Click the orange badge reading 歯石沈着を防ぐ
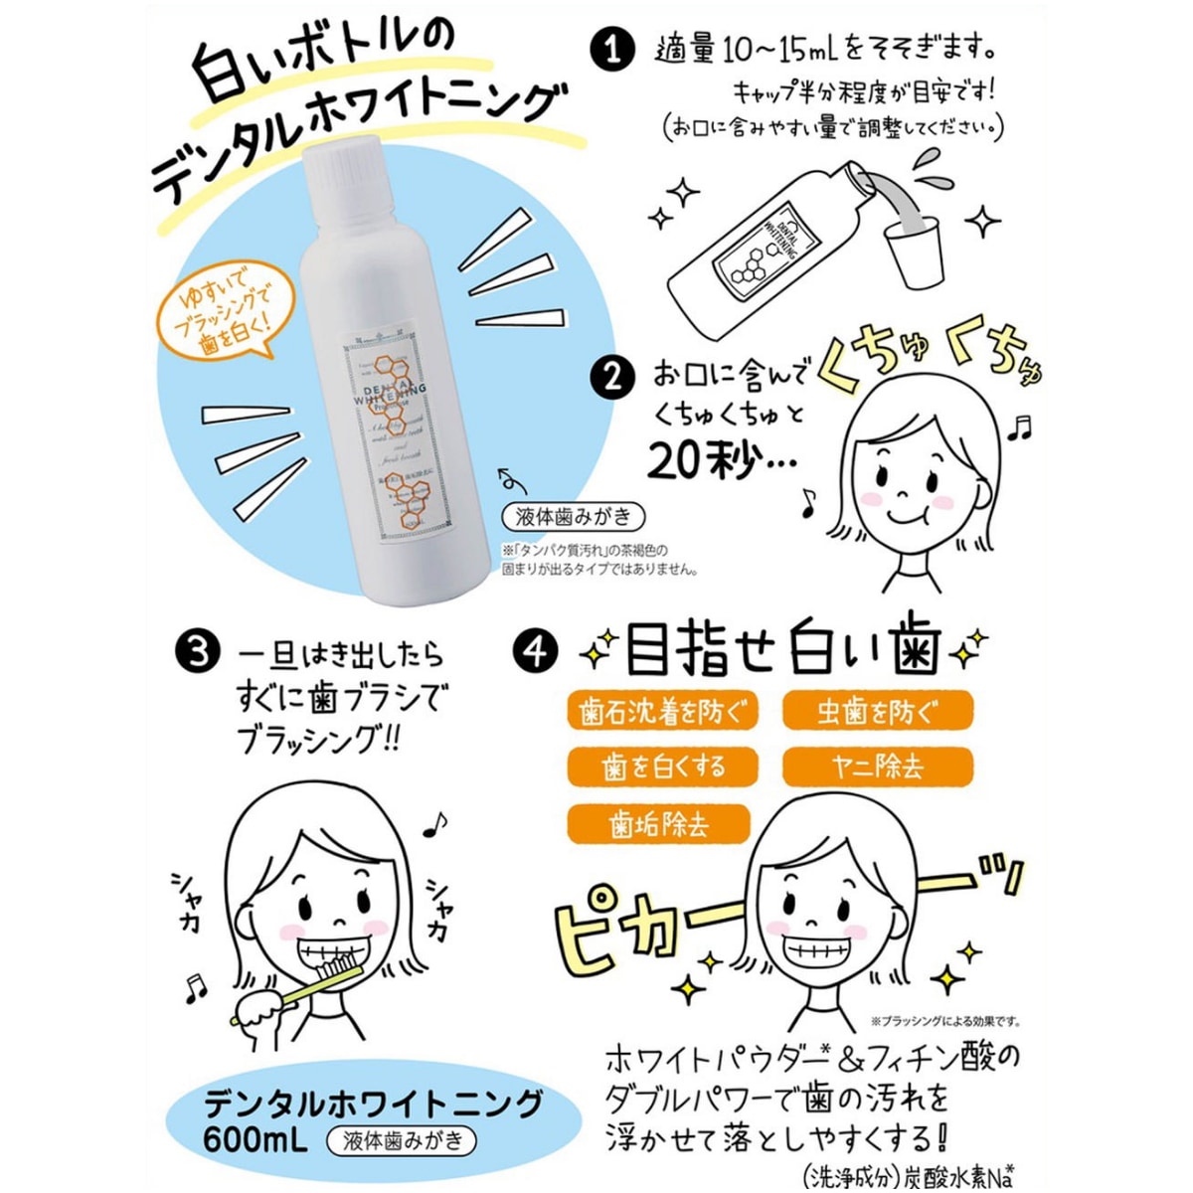click(x=662, y=713)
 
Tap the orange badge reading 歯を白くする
click(x=662, y=767)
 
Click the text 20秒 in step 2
click(x=701, y=458)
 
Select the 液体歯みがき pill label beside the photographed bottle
click(x=574, y=517)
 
